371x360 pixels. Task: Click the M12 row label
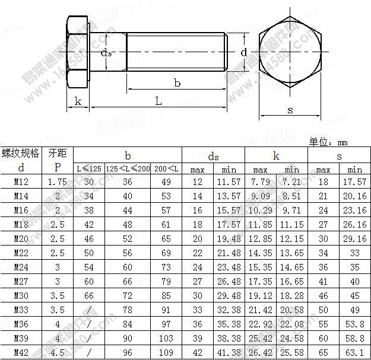[x=21, y=182]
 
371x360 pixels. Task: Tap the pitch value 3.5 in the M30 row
[x=58, y=297]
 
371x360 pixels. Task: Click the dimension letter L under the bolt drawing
[x=158, y=101]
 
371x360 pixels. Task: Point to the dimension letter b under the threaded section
[x=177, y=84]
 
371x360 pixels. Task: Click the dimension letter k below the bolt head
[x=78, y=101]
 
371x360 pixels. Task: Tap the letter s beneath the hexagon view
[x=290, y=110]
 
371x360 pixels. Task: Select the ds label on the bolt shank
[x=106, y=53]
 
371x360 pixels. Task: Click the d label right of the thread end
[x=243, y=52]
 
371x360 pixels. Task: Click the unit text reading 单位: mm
[x=328, y=142]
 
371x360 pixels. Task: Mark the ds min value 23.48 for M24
[x=229, y=267]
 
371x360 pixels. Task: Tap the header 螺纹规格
[x=21, y=154]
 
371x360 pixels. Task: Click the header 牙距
[x=58, y=154]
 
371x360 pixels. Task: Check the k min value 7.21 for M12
[x=292, y=182]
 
